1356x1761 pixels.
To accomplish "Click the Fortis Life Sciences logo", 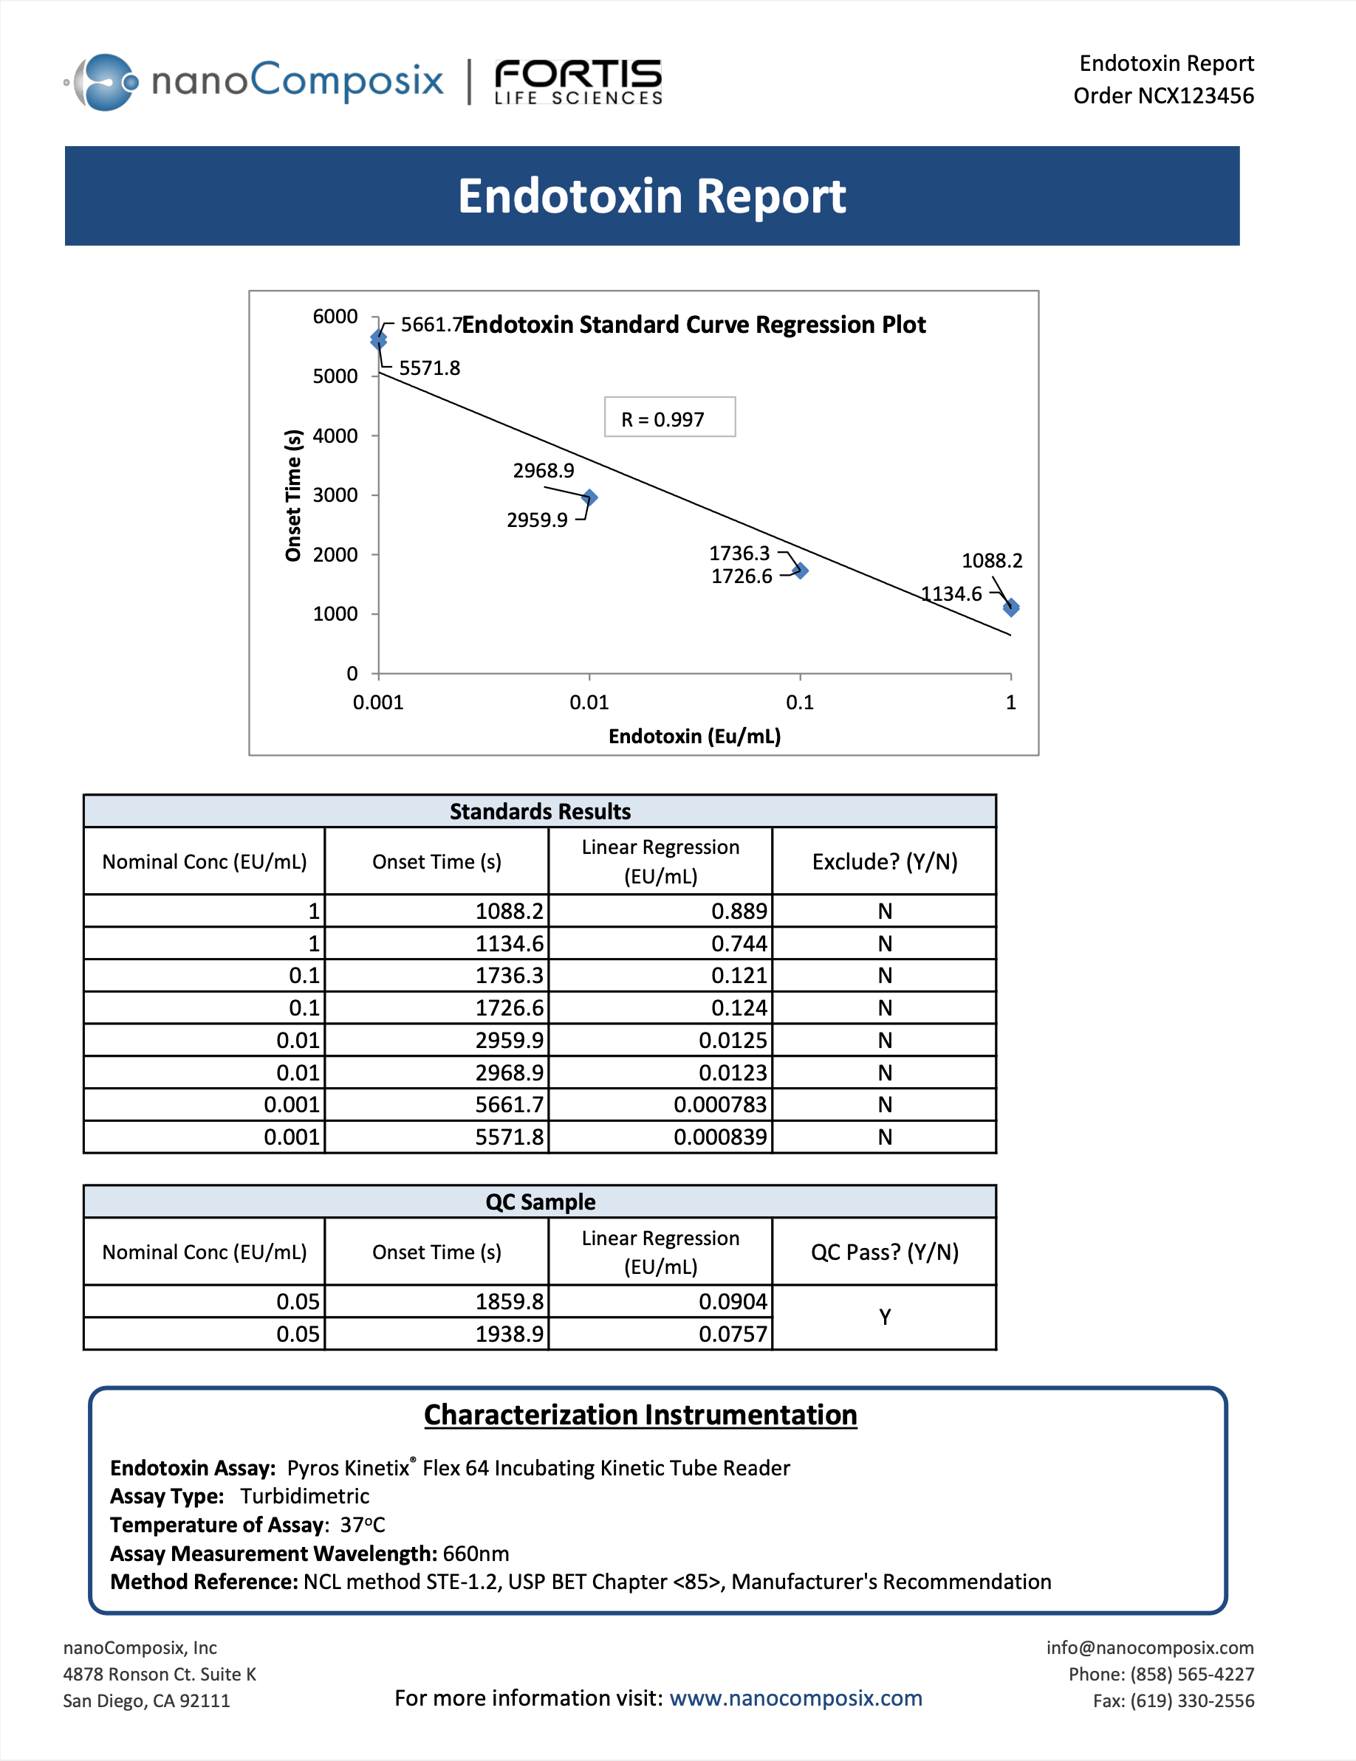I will coord(578,82).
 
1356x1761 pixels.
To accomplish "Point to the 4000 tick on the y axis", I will coord(335,436).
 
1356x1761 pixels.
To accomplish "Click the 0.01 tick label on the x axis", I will coord(589,703).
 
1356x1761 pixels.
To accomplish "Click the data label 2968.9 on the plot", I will coord(544,471).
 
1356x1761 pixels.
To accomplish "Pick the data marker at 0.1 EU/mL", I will coord(800,571).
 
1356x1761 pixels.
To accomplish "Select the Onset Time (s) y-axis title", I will coord(292,495).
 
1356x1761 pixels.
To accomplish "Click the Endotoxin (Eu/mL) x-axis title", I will coord(694,736).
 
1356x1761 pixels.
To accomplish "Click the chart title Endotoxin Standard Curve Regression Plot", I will coord(694,325).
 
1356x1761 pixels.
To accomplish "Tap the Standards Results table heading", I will coord(540,811).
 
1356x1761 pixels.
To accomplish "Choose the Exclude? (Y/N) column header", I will coord(884,862).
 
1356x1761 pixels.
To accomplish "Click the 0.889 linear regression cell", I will coord(739,911).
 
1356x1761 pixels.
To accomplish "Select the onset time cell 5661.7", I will coord(509,1105).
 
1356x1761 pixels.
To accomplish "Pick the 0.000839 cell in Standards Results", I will coord(720,1137).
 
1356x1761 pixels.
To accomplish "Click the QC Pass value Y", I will coord(884,1317).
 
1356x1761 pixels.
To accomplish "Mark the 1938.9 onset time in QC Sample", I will coord(509,1334).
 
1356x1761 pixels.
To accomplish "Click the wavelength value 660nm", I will coord(476,1554).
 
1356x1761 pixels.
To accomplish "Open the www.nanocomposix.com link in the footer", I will coord(795,1698).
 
